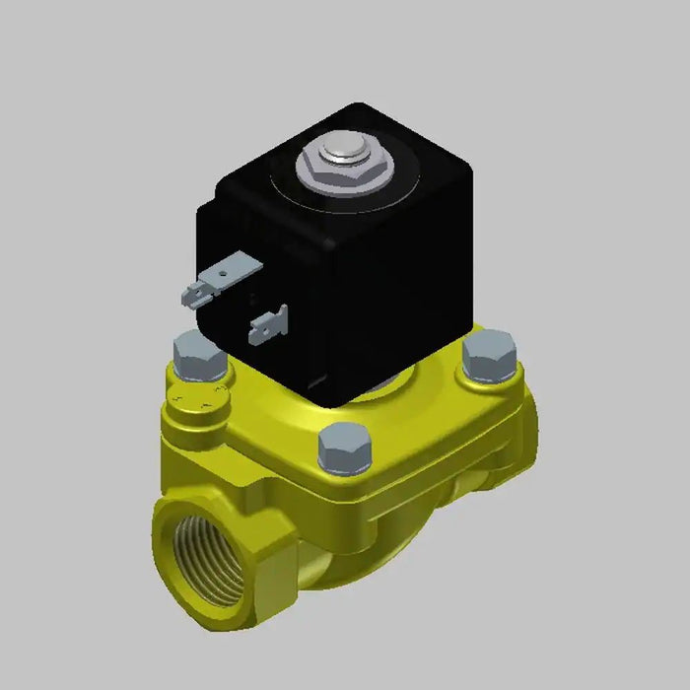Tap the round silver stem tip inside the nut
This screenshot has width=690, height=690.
[x=340, y=154]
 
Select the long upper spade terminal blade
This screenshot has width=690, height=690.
[x=238, y=268]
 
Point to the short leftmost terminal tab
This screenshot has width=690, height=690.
[x=191, y=294]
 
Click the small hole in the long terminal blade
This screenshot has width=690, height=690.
[x=233, y=266]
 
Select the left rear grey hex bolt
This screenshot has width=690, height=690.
[x=198, y=355]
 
